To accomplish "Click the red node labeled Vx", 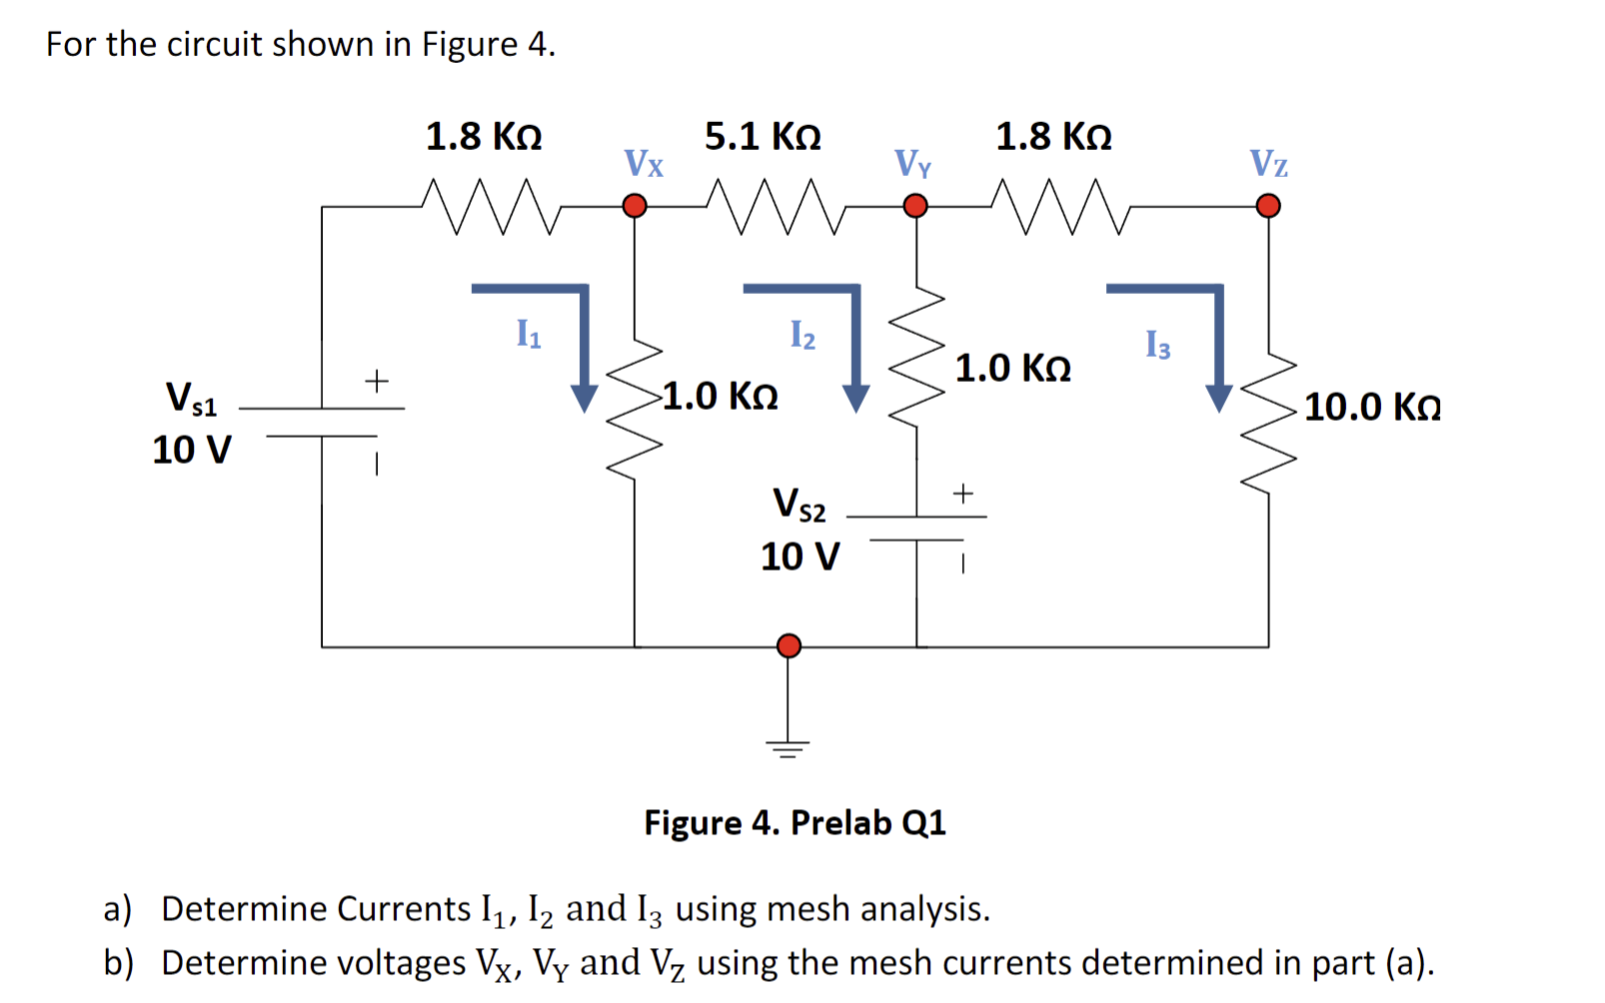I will click(x=635, y=206).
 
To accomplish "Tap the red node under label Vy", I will click(x=915, y=206).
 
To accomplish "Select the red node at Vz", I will click(x=1268, y=206).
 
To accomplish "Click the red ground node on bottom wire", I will click(x=789, y=645).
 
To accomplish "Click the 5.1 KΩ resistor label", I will click(x=763, y=136).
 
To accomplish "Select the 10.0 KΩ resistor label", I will click(x=1372, y=407).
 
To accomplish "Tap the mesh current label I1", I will click(x=529, y=333).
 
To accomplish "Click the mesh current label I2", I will click(x=802, y=335).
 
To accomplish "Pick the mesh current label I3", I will click(x=1157, y=345).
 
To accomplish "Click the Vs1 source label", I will click(x=191, y=398).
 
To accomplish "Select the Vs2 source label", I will click(x=800, y=503).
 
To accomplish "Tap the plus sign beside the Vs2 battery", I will click(x=962, y=493).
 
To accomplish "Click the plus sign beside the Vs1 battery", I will click(x=376, y=381).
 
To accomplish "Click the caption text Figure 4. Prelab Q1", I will click(x=795, y=822).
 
